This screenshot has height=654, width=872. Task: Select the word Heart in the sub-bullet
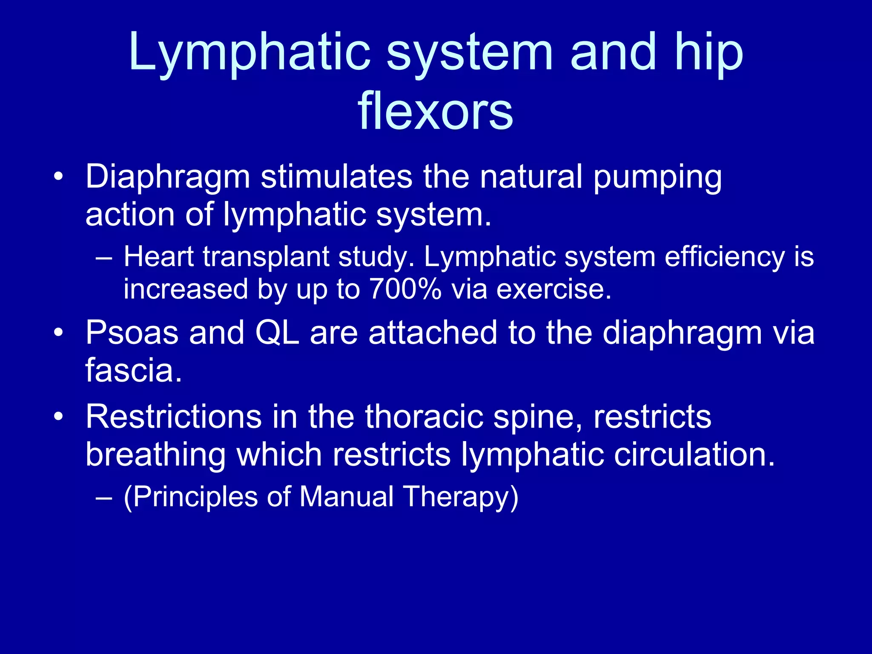click(x=158, y=257)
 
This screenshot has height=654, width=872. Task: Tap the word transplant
click(x=266, y=258)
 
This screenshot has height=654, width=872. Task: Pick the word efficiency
click(x=724, y=258)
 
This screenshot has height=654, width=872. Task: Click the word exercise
click(x=554, y=289)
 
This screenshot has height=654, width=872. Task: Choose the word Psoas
click(x=132, y=333)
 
